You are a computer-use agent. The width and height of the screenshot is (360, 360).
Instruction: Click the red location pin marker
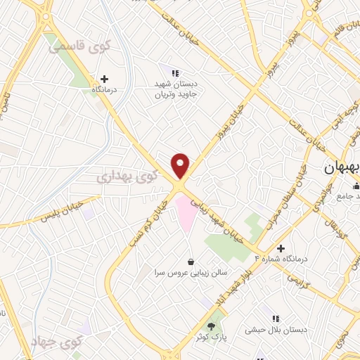point(181,166)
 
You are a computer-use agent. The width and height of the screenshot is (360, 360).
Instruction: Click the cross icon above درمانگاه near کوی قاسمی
point(105,79)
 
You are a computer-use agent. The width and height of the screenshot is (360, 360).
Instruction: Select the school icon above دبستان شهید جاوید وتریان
point(176,72)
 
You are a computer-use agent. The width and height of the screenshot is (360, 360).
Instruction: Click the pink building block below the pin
point(185,214)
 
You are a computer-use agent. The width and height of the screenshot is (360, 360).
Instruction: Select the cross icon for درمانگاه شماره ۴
point(281,248)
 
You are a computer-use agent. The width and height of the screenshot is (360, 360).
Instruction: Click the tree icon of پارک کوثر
point(212,326)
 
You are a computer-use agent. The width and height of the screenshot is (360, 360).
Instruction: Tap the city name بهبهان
point(340,169)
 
